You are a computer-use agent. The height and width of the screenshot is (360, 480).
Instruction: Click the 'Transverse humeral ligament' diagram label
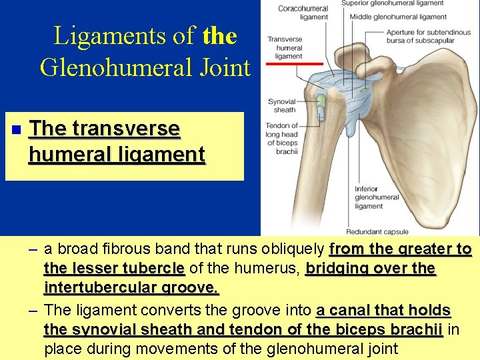(x=285, y=48)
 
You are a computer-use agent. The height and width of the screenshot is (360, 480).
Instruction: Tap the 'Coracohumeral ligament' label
(x=303, y=13)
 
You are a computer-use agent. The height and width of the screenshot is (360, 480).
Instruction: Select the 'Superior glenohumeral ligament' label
(x=392, y=3)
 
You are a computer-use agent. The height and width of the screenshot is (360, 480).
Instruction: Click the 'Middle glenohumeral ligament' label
(x=398, y=17)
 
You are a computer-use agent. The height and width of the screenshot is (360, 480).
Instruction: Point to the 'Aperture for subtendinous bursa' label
(x=419, y=36)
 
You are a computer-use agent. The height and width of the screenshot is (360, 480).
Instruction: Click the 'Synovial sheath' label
(x=281, y=105)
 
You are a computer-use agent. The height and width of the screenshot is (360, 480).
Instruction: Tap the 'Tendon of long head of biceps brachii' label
(x=281, y=138)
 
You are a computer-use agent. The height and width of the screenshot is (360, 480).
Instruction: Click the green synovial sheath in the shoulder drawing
(x=320, y=101)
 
